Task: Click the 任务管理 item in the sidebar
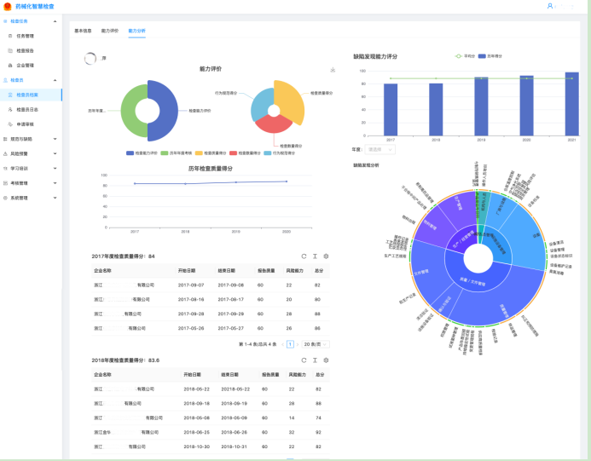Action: point(25,36)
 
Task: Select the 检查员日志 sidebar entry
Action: point(27,109)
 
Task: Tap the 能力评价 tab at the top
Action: point(109,30)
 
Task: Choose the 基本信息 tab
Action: point(83,30)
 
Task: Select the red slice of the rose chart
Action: point(274,129)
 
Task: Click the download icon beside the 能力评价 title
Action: point(333,70)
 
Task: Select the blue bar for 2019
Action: point(482,106)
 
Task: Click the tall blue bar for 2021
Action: point(571,103)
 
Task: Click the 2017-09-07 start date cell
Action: point(189,285)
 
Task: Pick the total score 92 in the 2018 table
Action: point(319,432)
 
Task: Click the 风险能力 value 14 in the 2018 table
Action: point(291,418)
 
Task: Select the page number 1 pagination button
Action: point(291,344)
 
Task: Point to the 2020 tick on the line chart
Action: point(287,231)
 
